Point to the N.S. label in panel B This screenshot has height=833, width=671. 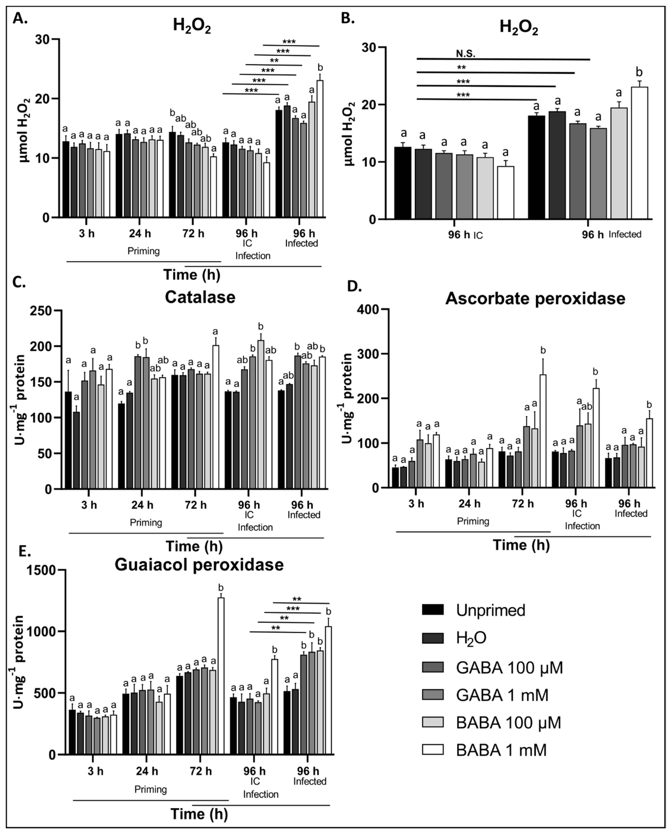465,54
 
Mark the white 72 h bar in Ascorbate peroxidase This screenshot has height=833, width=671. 543,431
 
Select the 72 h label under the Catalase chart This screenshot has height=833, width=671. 196,505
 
